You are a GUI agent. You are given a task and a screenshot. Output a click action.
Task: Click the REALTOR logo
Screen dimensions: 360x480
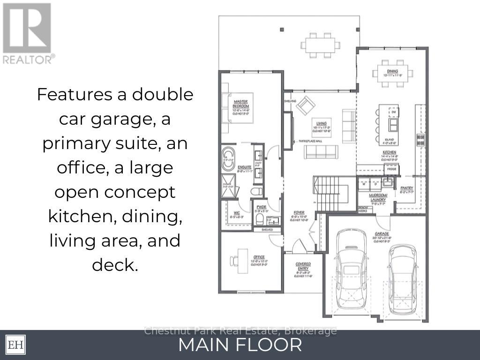tap(27, 33)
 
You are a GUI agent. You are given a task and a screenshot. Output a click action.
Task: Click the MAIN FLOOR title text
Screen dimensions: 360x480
tap(240, 345)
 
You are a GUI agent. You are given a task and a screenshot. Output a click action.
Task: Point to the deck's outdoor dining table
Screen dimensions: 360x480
tap(321, 45)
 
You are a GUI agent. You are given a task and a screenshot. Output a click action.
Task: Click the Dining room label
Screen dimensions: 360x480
tap(393, 73)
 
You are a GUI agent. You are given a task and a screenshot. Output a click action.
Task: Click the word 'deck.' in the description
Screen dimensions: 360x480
tap(115, 265)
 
